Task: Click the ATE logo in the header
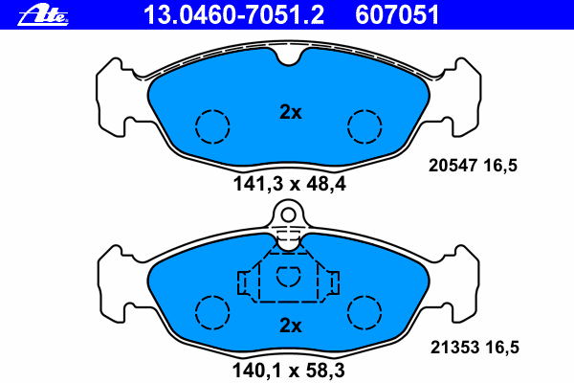(x=43, y=15)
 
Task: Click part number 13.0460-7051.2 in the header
(x=233, y=15)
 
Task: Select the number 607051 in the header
(x=397, y=15)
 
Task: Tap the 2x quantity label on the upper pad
(x=291, y=112)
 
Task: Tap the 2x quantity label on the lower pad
(x=291, y=326)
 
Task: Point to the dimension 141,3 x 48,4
(x=289, y=184)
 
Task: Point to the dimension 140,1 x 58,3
(x=289, y=371)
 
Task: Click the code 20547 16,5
(x=473, y=166)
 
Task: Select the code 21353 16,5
(x=475, y=347)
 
